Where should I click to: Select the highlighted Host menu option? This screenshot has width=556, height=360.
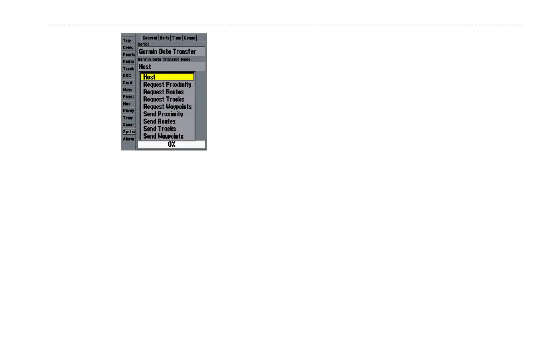pyautogui.click(x=167, y=77)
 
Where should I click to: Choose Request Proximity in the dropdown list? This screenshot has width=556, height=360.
pyautogui.click(x=167, y=85)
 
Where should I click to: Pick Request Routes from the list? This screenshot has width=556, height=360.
pyautogui.click(x=164, y=92)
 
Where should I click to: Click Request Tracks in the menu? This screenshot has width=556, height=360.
pyautogui.click(x=164, y=99)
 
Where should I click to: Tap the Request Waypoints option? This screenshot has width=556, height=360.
pyautogui.click(x=167, y=107)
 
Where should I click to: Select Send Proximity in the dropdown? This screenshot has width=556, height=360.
pyautogui.click(x=163, y=114)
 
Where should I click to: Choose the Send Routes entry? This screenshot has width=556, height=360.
pyautogui.click(x=159, y=121)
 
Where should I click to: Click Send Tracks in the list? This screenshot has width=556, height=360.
pyautogui.click(x=159, y=129)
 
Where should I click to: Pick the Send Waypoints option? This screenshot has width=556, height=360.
pyautogui.click(x=163, y=136)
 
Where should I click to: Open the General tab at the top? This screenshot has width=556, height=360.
pyautogui.click(x=149, y=38)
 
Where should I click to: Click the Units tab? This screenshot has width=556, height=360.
pyautogui.click(x=164, y=38)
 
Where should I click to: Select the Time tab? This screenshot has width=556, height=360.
pyautogui.click(x=177, y=38)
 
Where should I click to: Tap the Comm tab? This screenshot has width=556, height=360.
pyautogui.click(x=189, y=38)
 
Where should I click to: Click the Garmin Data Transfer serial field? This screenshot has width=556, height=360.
pyautogui.click(x=171, y=52)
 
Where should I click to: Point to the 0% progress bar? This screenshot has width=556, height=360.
pyautogui.click(x=171, y=145)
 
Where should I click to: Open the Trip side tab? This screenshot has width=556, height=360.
pyautogui.click(x=128, y=40)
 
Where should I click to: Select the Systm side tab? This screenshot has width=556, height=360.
pyautogui.click(x=129, y=132)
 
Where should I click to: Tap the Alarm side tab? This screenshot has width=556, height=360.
pyautogui.click(x=129, y=139)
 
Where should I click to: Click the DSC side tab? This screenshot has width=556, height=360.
pyautogui.click(x=127, y=75)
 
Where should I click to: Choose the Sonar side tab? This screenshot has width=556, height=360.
pyautogui.click(x=129, y=125)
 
